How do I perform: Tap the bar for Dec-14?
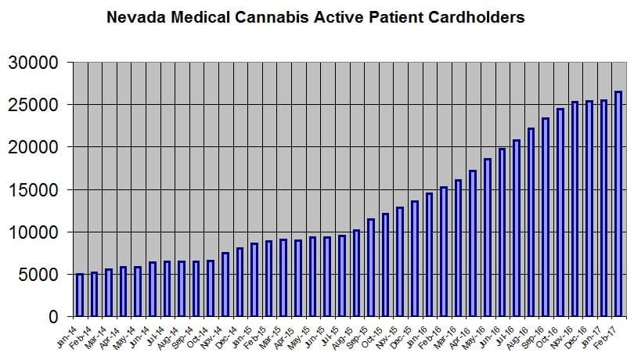click(240, 283)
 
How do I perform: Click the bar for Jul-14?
click(167, 290)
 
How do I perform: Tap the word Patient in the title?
click(394, 16)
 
